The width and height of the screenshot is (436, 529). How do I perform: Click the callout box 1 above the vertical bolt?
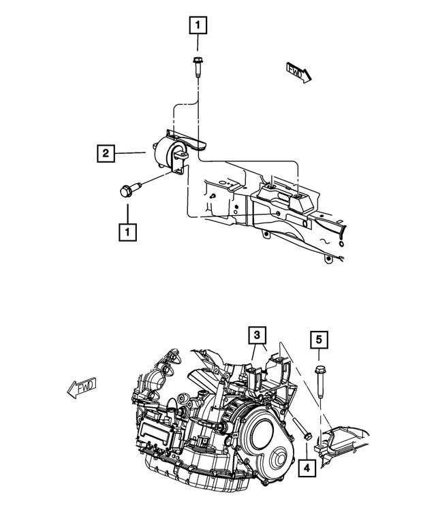coord(198,27)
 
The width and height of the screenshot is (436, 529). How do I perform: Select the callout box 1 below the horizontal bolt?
coord(127,231)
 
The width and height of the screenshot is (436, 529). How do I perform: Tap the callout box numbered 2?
coord(106,154)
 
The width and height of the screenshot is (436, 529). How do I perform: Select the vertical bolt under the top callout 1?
coord(198,69)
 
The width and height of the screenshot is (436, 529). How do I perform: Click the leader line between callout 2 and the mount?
coord(132,154)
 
